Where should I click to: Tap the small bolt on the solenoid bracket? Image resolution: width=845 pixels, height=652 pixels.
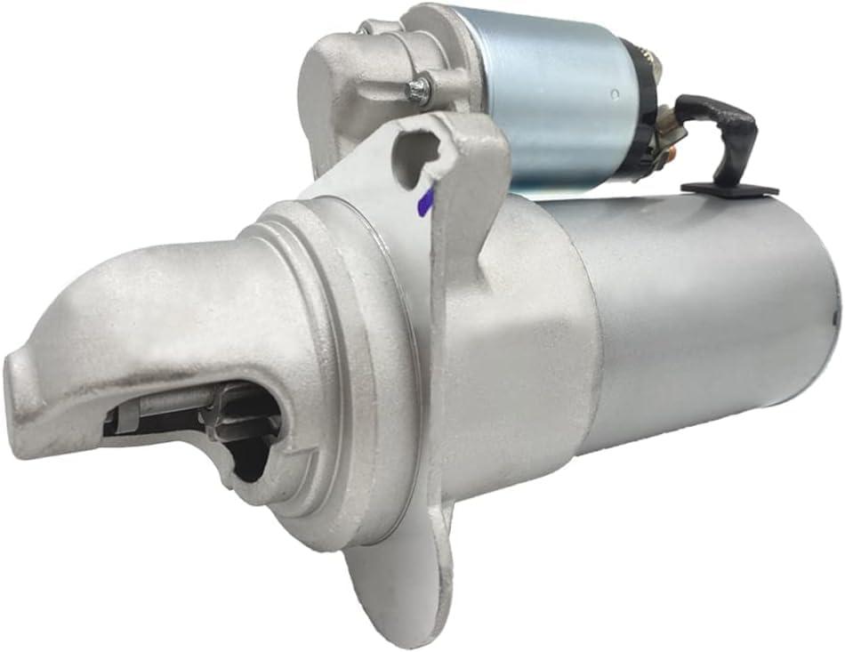click(418, 88)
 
